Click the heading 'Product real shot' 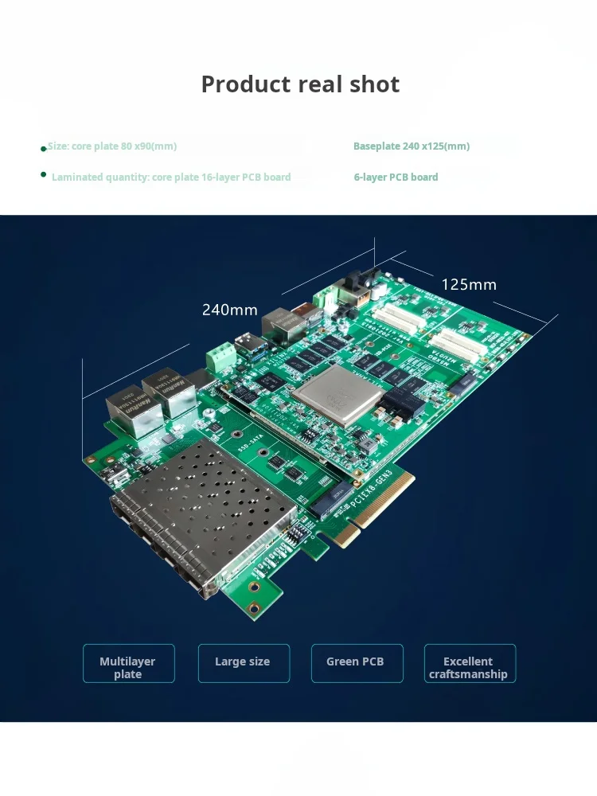pos(300,84)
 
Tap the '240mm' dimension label pos(229,310)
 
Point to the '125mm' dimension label pos(469,284)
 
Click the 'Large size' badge pos(243,662)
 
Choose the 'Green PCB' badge pos(356,662)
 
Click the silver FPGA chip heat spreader pos(334,394)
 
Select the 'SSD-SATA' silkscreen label pos(246,437)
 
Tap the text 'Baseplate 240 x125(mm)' pos(412,146)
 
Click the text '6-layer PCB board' pos(396,178)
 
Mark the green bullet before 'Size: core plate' pos(43,149)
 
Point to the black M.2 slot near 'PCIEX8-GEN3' pos(330,497)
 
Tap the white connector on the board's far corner pos(326,297)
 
